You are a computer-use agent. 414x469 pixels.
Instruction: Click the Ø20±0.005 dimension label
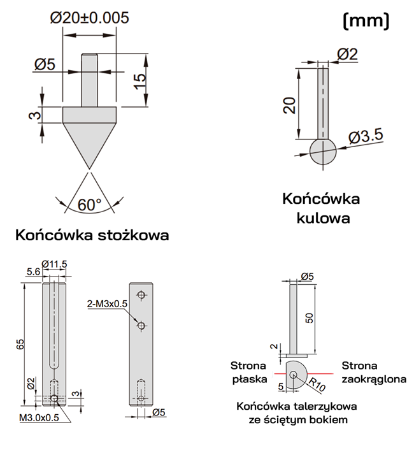tap(89, 18)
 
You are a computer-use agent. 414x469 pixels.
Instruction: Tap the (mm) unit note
tap(366, 21)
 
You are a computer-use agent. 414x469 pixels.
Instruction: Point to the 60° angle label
tap(90, 205)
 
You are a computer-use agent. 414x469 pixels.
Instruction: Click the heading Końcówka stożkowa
tap(92, 235)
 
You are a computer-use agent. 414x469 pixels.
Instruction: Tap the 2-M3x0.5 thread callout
tap(108, 304)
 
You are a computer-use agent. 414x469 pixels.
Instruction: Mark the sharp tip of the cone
tap(89, 169)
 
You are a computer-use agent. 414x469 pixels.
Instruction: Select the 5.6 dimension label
tap(34, 271)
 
